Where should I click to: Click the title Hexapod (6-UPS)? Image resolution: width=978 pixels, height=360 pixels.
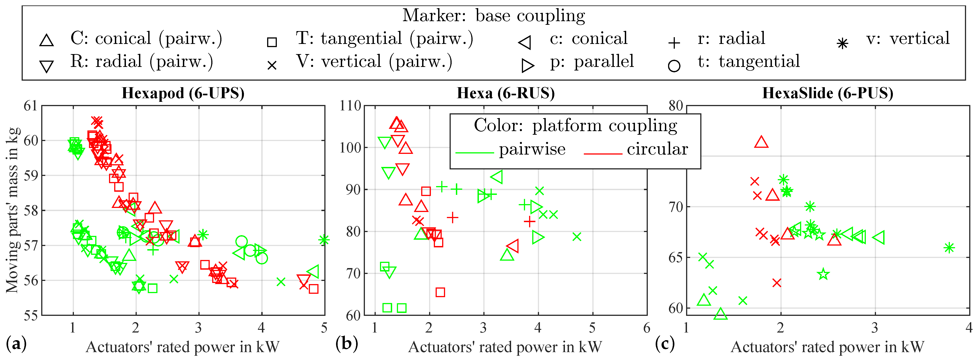point(183,93)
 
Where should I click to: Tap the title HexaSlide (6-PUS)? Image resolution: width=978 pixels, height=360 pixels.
point(828,93)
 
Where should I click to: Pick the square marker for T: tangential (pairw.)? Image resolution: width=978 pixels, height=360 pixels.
point(272,42)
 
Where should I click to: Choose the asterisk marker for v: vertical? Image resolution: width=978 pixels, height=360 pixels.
point(842,44)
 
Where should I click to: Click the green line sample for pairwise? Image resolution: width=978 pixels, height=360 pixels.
point(475,153)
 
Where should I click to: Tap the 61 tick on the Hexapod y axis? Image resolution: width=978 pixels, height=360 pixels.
point(30,106)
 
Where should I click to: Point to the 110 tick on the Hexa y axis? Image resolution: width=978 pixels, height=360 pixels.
point(350,106)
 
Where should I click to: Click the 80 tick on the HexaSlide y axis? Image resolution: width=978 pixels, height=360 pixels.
point(676,106)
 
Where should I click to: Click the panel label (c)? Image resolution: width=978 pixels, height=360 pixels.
point(665,344)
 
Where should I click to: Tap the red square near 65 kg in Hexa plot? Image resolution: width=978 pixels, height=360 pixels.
point(440,292)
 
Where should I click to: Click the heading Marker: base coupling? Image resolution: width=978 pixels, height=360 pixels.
point(494,16)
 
